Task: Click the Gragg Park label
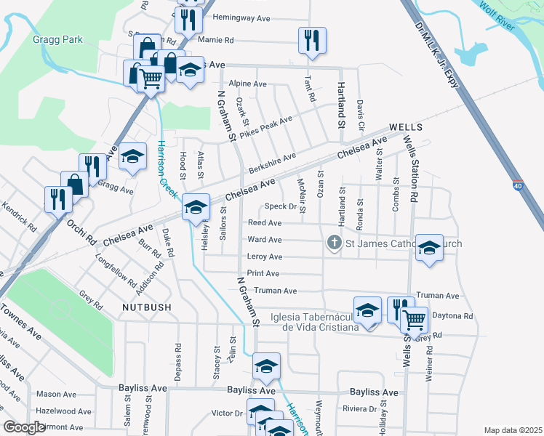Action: [x=58, y=39]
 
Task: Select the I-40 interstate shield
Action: [x=517, y=187]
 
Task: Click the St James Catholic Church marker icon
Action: [x=335, y=243]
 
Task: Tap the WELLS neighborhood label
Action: [x=406, y=126]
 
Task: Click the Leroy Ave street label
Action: [x=265, y=257]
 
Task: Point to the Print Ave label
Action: [x=263, y=273]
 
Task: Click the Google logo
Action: [x=24, y=427]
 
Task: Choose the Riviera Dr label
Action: [x=360, y=409]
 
